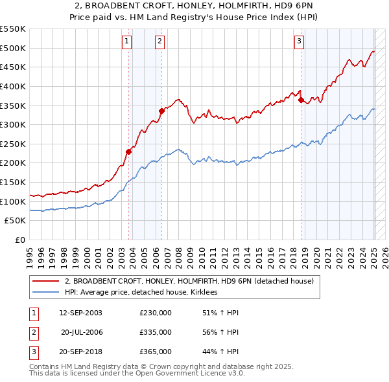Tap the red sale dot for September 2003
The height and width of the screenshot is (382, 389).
point(129,152)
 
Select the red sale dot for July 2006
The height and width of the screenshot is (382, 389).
point(162,111)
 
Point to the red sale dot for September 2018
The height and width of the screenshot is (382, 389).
point(301,100)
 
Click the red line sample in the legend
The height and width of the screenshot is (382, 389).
point(45,281)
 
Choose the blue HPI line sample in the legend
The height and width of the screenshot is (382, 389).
point(45,293)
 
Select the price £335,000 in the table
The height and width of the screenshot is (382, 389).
point(156,332)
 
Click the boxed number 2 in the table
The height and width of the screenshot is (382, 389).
point(33,332)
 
